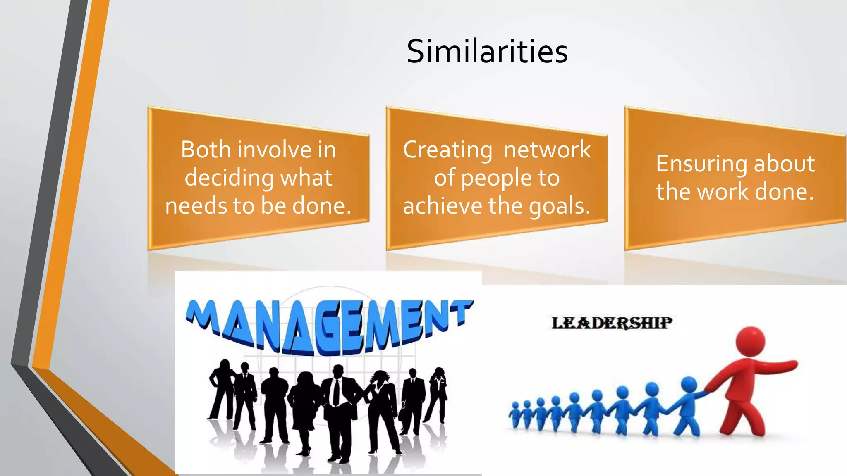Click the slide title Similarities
[x=487, y=51]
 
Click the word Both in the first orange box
[x=205, y=149]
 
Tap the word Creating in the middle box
[x=447, y=150]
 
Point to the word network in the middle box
[x=547, y=149]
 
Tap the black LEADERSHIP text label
[x=612, y=323]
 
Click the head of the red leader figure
[x=750, y=341]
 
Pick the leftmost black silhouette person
[x=222, y=388]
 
